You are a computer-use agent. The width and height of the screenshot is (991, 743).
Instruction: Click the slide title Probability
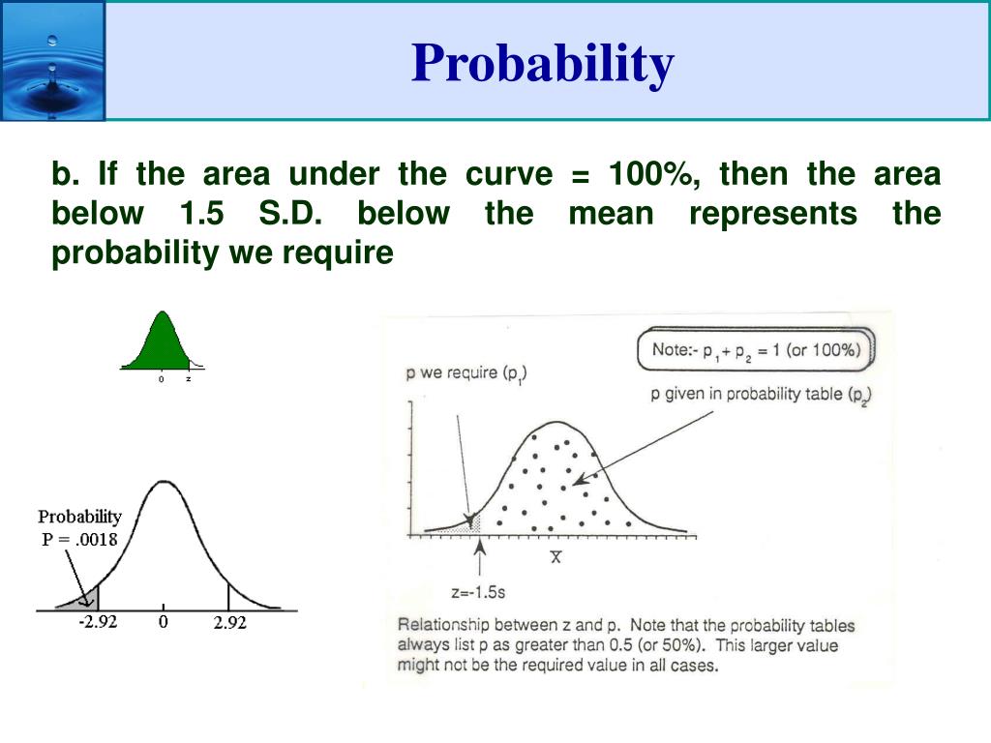point(542,64)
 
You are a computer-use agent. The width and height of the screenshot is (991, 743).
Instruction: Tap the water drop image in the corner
point(52,61)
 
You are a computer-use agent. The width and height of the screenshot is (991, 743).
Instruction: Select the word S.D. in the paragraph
point(290,214)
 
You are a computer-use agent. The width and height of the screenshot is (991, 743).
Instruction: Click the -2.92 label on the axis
point(98,622)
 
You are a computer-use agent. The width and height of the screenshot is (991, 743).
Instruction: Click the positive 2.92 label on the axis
point(229,623)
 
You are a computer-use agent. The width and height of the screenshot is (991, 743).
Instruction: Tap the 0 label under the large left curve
point(164,622)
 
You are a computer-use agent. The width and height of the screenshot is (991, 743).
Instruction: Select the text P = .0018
point(79,539)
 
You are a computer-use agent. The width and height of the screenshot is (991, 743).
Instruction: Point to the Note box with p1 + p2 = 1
point(755,350)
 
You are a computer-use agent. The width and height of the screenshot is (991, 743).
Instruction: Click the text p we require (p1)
point(466,373)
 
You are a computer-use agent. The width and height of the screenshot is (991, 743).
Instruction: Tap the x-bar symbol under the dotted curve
point(556,557)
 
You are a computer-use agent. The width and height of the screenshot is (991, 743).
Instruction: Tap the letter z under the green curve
point(189,379)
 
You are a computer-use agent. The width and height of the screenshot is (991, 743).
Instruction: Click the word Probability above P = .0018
point(79,517)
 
